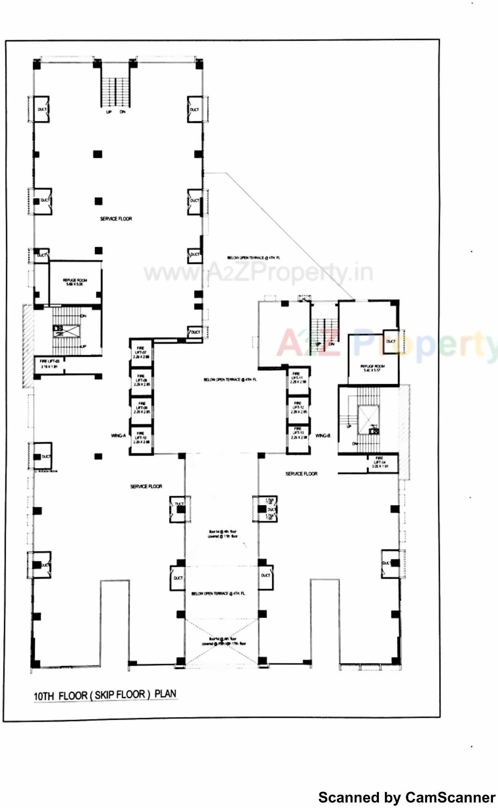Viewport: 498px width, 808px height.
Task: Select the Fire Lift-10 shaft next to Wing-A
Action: [141, 439]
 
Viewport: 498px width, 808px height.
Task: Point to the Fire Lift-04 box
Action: [380, 463]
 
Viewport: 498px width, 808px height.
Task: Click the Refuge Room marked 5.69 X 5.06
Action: [75, 282]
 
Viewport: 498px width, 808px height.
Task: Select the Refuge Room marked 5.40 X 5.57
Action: [372, 368]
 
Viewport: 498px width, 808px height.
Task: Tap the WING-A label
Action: [118, 436]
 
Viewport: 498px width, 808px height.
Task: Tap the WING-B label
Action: [323, 436]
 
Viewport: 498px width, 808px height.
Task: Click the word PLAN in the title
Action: [165, 694]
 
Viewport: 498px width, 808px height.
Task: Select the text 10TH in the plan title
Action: [44, 696]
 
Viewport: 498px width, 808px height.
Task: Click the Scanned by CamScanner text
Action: [406, 797]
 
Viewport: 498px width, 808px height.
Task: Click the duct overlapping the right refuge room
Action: [391, 342]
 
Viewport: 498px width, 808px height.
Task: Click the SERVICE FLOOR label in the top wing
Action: [116, 219]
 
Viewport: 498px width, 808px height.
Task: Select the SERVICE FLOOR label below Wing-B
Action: [301, 474]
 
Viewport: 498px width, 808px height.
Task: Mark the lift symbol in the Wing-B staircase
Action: [373, 430]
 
